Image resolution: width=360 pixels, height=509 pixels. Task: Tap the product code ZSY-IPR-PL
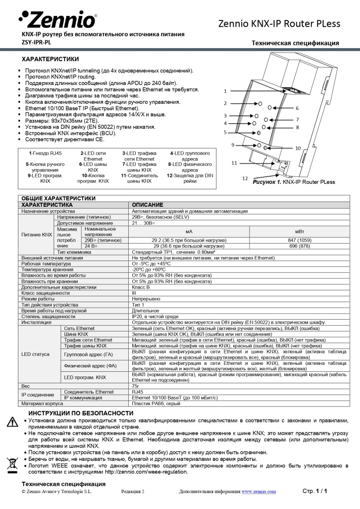point(36,42)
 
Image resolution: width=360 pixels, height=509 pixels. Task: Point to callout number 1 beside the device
point(225,91)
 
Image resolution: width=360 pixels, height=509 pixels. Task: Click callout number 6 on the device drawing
point(297,108)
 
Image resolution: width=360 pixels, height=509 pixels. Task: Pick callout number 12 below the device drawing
point(245,178)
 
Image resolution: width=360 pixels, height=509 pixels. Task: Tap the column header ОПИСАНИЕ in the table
point(147,205)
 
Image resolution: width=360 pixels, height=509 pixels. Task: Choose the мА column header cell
point(188,232)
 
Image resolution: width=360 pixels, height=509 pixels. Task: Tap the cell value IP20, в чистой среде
point(155,316)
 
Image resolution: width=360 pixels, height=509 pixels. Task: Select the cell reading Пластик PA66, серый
point(156,404)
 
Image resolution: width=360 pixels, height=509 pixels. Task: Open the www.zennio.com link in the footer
point(259,492)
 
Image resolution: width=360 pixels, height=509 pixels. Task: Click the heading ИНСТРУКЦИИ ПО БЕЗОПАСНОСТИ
point(81,413)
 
